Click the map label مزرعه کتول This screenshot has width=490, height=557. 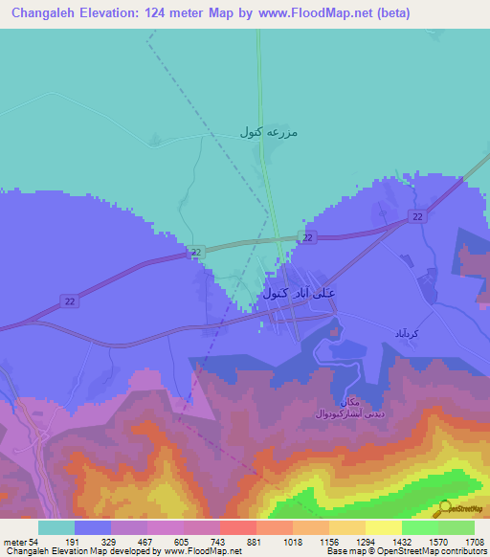(x=269, y=132)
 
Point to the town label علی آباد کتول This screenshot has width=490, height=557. (x=299, y=292)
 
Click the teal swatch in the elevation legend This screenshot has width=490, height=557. (x=56, y=527)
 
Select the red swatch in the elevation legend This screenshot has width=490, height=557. (x=238, y=527)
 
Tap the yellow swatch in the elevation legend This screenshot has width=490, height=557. (x=384, y=527)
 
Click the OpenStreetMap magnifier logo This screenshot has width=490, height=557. (x=444, y=508)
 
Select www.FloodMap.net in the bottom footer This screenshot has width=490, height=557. (x=202, y=551)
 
